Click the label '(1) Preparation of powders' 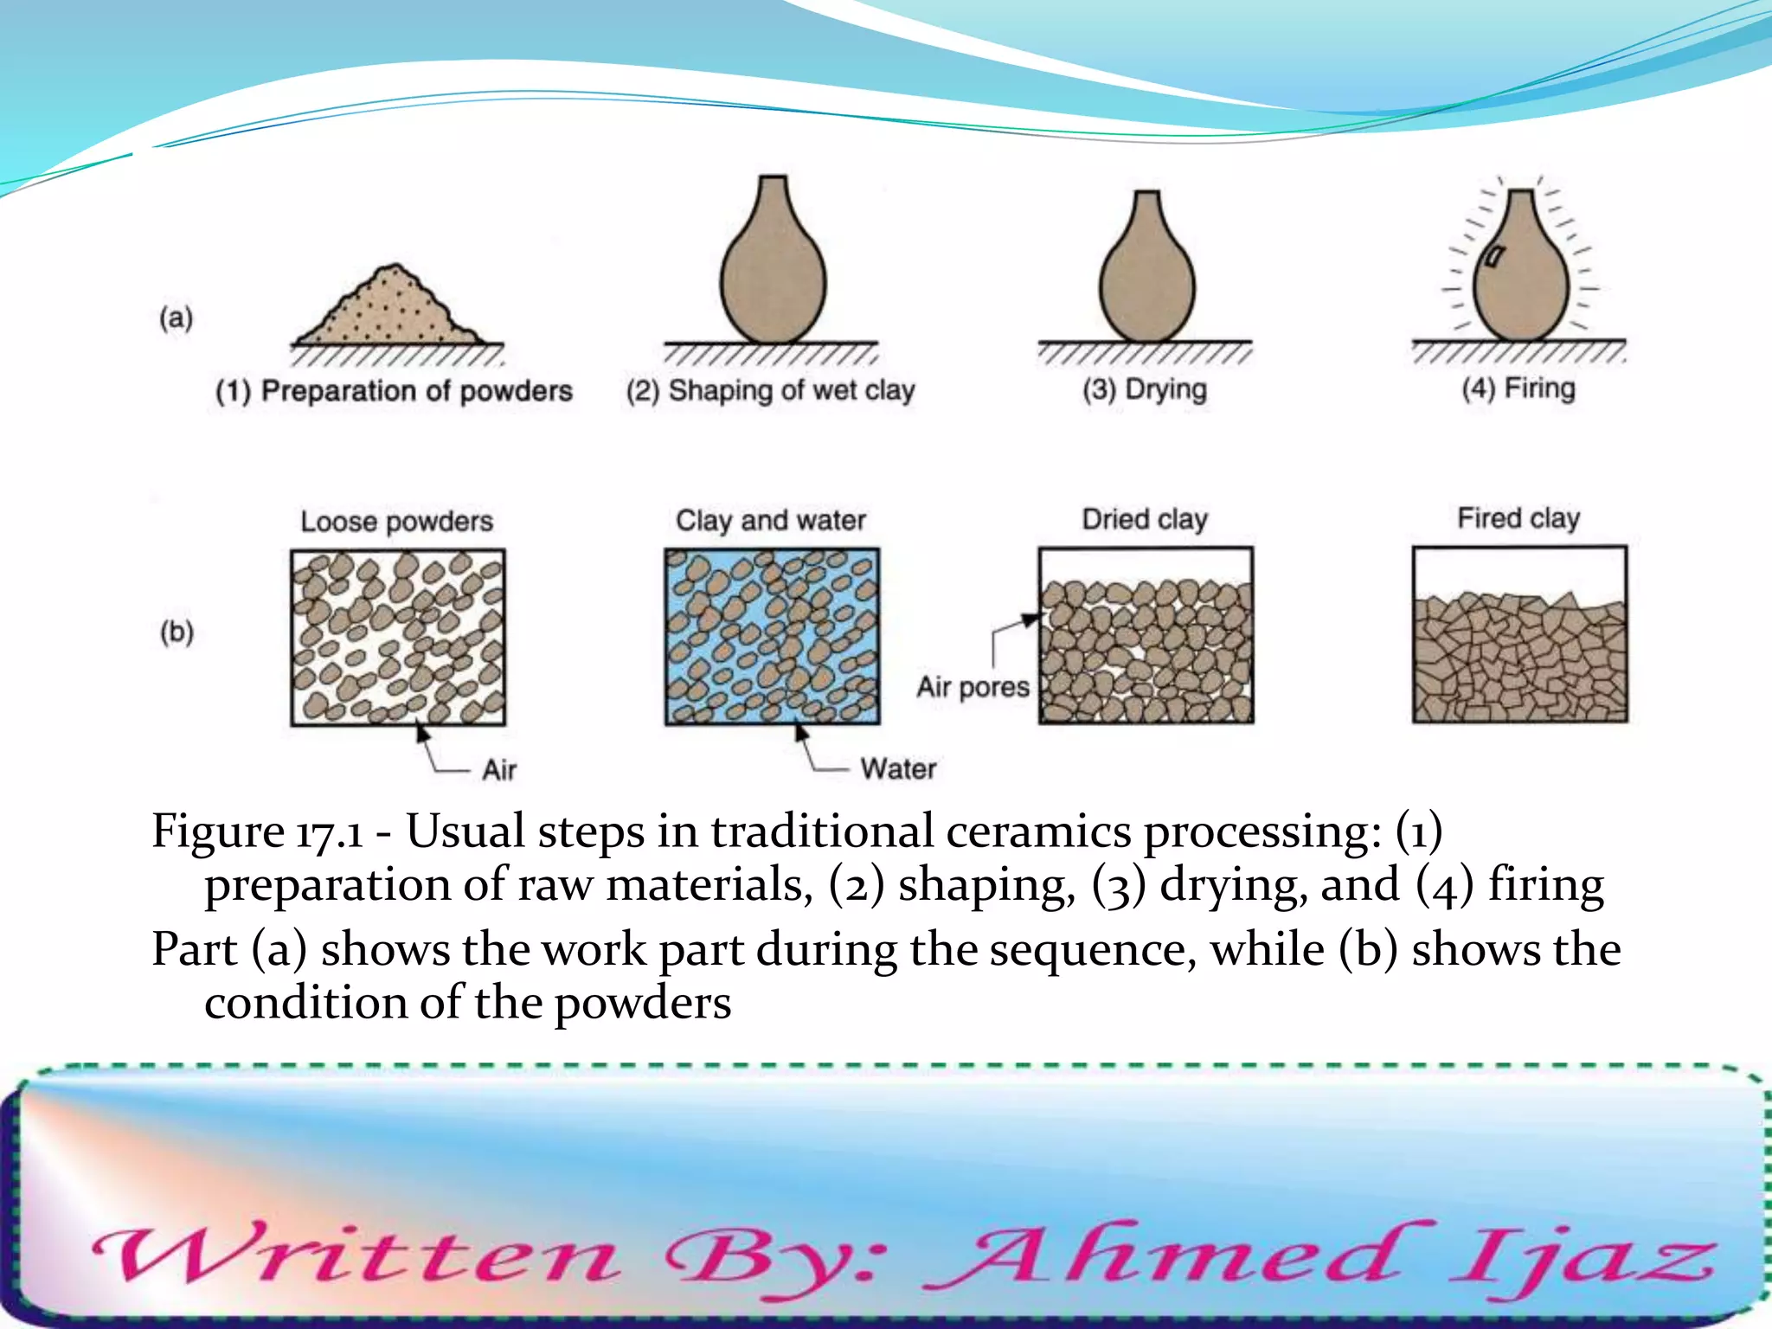click(x=395, y=391)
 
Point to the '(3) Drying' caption click(x=1145, y=389)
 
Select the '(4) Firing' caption click(x=1518, y=388)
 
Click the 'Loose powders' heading click(x=396, y=522)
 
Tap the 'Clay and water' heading click(x=771, y=520)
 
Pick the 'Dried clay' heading click(x=1145, y=519)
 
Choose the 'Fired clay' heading click(x=1518, y=518)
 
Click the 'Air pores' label click(x=973, y=687)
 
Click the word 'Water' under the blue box click(x=898, y=768)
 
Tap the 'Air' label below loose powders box click(x=499, y=769)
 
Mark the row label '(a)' click(x=176, y=318)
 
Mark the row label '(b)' click(x=177, y=632)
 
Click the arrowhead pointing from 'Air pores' click(x=1030, y=620)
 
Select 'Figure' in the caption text click(x=217, y=831)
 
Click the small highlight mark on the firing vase click(x=1494, y=256)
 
